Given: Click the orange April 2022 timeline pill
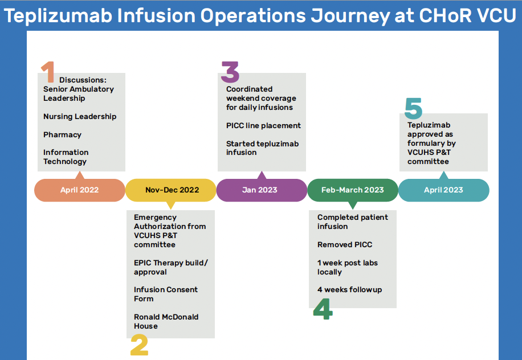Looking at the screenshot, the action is [x=80, y=190].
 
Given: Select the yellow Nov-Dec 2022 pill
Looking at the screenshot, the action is [x=171, y=190].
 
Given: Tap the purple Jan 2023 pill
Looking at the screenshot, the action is [x=262, y=190].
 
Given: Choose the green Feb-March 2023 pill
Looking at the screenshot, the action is [x=353, y=190].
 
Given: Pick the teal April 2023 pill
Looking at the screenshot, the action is [x=444, y=190].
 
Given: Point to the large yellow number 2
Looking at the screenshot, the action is [x=139, y=345].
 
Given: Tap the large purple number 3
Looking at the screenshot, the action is [x=230, y=72].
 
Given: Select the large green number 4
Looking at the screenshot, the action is [x=323, y=309].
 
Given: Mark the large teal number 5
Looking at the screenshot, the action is [x=414, y=108].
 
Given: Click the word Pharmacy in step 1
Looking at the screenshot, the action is [x=62, y=135].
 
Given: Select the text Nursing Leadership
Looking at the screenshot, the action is [x=80, y=116].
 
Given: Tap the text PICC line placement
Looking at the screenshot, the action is [x=263, y=125].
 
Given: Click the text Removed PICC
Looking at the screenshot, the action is [x=345, y=244].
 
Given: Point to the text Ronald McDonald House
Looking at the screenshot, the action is [x=166, y=321].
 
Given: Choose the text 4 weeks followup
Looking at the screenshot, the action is [x=349, y=290].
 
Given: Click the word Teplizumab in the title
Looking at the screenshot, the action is [x=58, y=15].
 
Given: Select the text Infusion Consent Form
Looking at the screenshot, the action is [x=166, y=294].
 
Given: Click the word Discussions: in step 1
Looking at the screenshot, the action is [x=83, y=80].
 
